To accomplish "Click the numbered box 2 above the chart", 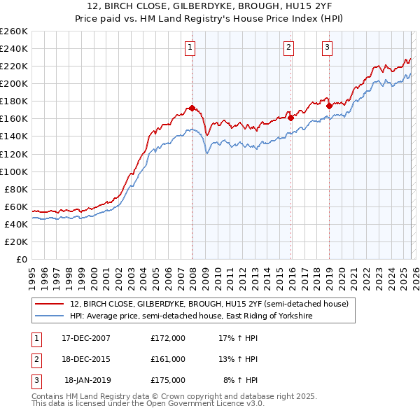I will tap(288, 48).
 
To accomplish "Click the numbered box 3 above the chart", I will tap(327, 48).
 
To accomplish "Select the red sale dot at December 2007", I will tap(192, 108).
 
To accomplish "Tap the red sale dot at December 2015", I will tap(290, 118).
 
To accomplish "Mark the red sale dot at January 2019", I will tap(328, 106).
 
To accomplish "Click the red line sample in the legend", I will tap(49, 304).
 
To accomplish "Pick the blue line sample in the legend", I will tap(49, 316).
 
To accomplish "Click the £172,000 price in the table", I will tap(168, 338).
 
